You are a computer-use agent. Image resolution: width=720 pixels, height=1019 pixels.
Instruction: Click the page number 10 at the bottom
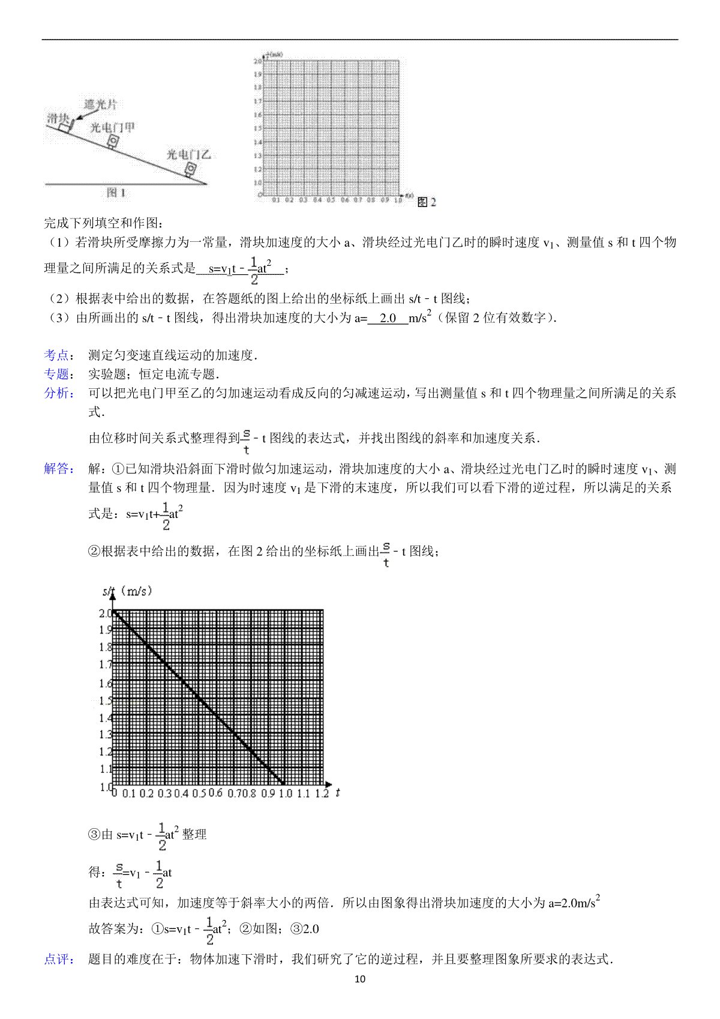360,979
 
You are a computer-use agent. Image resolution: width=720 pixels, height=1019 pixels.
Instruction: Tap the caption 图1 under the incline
116,193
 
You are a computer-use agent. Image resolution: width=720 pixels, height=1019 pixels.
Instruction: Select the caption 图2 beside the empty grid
427,202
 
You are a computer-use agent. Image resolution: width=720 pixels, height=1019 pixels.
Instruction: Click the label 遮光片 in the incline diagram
100,104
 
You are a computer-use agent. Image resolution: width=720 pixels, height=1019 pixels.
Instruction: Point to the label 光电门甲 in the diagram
112,127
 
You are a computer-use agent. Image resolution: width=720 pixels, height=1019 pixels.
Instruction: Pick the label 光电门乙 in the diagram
188,154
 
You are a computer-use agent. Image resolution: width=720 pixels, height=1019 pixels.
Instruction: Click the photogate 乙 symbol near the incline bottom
190,170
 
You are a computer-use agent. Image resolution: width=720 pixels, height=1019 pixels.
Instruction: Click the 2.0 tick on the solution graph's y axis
105,613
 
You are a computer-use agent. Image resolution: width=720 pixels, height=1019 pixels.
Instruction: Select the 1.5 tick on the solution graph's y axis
105,700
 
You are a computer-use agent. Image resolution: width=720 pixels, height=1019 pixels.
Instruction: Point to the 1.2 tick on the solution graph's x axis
322,793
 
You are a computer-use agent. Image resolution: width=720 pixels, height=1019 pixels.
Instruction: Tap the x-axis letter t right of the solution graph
338,793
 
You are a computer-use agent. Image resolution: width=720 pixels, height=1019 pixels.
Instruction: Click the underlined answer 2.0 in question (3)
388,318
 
